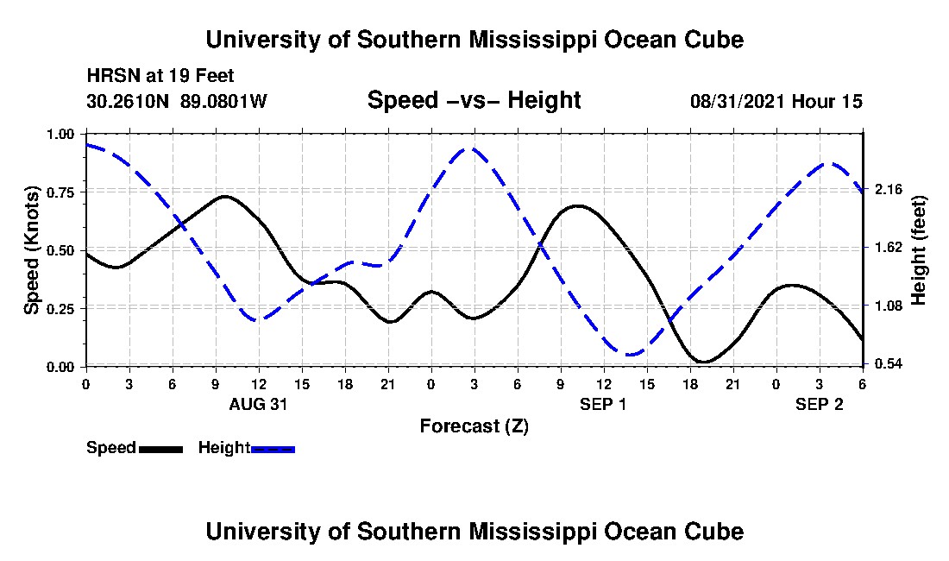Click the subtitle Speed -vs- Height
[x=474, y=100]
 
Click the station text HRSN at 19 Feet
[x=160, y=76]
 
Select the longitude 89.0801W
[x=224, y=101]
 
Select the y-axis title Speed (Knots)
[x=32, y=250]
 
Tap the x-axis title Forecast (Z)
[x=474, y=425]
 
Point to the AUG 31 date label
[x=258, y=404]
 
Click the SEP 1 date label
[x=603, y=404]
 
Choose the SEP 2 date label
[x=819, y=404]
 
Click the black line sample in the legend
[x=160, y=449]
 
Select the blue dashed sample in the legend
[x=273, y=449]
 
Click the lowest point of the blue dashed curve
[x=631, y=354]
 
